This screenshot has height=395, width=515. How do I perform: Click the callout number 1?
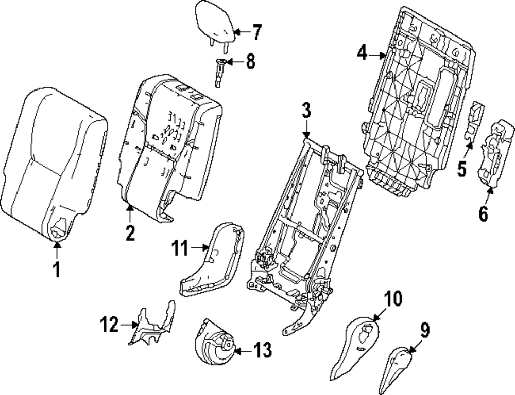(57, 268)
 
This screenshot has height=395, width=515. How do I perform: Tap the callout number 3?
(306, 111)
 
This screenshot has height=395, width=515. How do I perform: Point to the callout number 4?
(363, 52)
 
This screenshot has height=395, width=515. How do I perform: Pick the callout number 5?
(462, 168)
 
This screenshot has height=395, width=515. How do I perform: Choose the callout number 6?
(483, 212)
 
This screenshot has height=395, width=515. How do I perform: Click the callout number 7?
(255, 32)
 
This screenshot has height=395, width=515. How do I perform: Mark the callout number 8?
(250, 62)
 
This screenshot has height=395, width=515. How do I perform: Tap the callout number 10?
(394, 299)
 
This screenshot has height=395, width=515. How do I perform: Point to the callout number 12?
(109, 325)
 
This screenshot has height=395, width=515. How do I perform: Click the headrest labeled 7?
(215, 23)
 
